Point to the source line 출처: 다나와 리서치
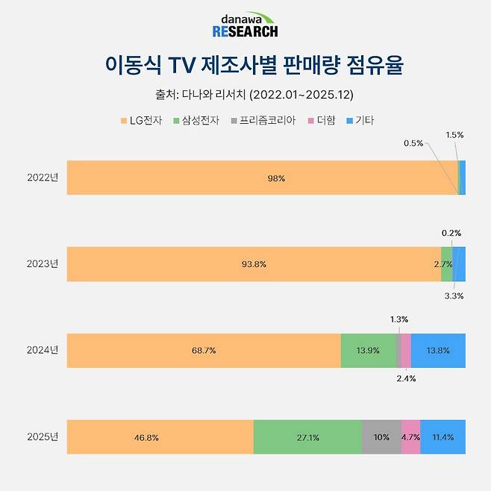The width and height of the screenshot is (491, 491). pyautogui.click(x=245, y=95)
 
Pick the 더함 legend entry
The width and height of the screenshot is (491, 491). pyautogui.click(x=321, y=120)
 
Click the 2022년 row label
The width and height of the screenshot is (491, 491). pyautogui.click(x=42, y=178)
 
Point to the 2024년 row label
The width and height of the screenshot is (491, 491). pyautogui.click(x=42, y=350)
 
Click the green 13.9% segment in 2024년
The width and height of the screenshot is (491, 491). pyautogui.click(x=369, y=350)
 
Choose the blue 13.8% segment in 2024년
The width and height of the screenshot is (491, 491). pyautogui.click(x=438, y=350)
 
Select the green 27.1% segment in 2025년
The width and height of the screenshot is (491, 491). pyautogui.click(x=307, y=437)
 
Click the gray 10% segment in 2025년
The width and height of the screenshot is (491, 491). pyautogui.click(x=381, y=437)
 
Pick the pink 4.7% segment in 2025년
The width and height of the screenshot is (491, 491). pyautogui.click(x=411, y=437)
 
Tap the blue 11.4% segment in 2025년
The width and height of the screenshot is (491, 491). pyautogui.click(x=443, y=437)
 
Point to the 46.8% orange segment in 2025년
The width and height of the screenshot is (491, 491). pyautogui.click(x=160, y=437)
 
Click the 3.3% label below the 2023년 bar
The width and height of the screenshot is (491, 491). pyautogui.click(x=454, y=295)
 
